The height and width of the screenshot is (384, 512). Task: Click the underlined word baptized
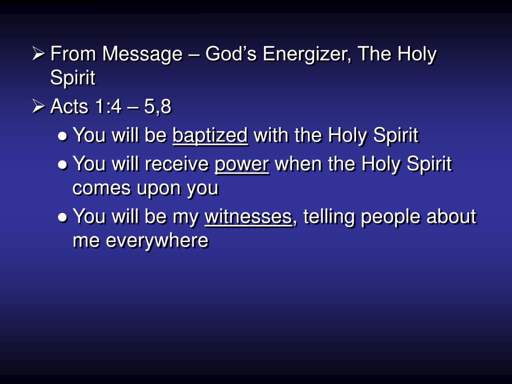tap(210, 135)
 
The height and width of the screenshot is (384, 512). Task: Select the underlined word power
tap(242, 164)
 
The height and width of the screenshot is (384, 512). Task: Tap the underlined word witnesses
tap(248, 216)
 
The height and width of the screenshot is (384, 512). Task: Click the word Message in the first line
tap(142, 54)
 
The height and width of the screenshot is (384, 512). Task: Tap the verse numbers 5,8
tap(158, 106)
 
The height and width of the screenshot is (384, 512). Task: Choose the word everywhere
tap(156, 241)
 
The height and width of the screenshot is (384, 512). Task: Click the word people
tap(390, 217)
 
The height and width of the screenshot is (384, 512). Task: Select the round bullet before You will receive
tap(63, 164)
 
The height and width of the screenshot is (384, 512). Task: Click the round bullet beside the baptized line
tap(63, 136)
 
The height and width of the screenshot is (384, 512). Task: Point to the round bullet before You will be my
tap(63, 217)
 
